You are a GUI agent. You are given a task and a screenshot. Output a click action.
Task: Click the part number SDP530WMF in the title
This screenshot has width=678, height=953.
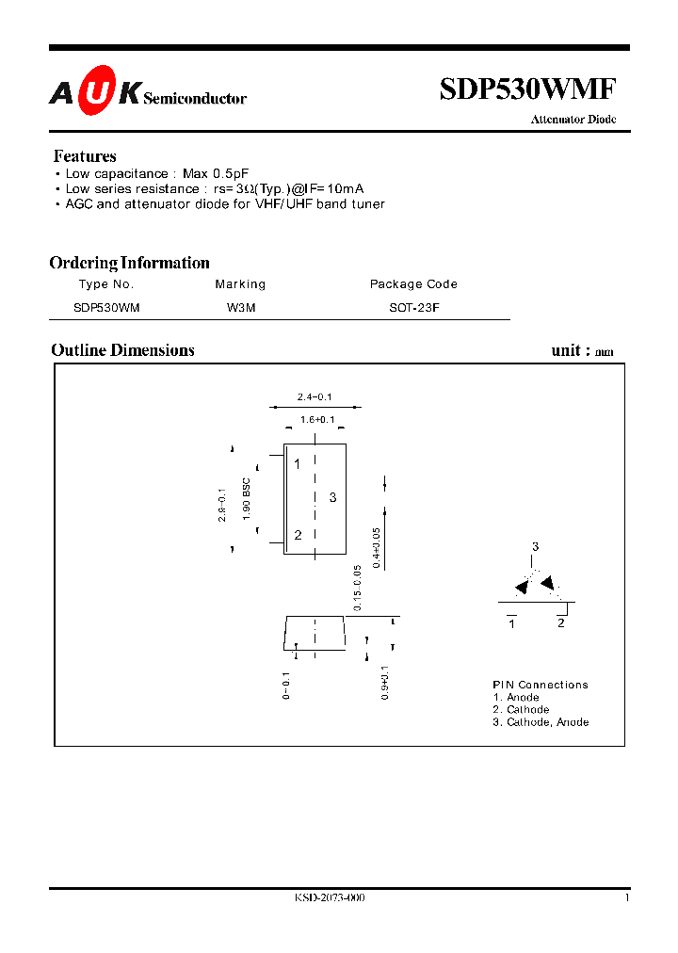click(x=527, y=89)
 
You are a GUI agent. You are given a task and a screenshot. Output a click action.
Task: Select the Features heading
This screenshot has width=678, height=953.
click(x=85, y=156)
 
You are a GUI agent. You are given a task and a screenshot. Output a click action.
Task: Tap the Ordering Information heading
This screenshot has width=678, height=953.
click(x=129, y=263)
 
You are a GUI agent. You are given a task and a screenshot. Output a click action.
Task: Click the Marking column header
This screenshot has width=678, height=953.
click(x=240, y=284)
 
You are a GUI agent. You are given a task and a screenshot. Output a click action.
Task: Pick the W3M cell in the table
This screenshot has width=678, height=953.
click(x=241, y=307)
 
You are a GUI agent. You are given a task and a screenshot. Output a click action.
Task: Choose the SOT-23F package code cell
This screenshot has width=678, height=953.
click(x=413, y=307)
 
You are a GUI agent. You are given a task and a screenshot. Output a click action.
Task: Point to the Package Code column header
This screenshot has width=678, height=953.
click(x=413, y=284)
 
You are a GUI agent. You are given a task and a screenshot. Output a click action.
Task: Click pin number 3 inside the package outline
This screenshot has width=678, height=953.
click(x=332, y=497)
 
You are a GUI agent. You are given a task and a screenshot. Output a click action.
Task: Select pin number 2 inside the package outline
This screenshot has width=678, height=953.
click(x=298, y=535)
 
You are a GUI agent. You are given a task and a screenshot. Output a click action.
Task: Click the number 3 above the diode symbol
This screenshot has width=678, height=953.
click(x=535, y=547)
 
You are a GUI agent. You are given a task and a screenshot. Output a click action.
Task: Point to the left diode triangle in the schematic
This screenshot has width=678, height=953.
click(x=522, y=588)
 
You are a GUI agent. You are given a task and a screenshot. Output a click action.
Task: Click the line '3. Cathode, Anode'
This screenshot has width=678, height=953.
click(x=541, y=722)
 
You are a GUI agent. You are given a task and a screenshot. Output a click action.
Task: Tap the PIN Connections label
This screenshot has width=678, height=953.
click(x=541, y=685)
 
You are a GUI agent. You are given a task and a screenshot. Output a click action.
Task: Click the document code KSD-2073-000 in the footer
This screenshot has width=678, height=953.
click(x=330, y=898)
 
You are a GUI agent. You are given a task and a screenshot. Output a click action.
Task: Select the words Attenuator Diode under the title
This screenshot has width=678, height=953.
click(x=573, y=120)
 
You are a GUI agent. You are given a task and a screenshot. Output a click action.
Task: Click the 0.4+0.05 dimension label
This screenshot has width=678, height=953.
click(x=377, y=546)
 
